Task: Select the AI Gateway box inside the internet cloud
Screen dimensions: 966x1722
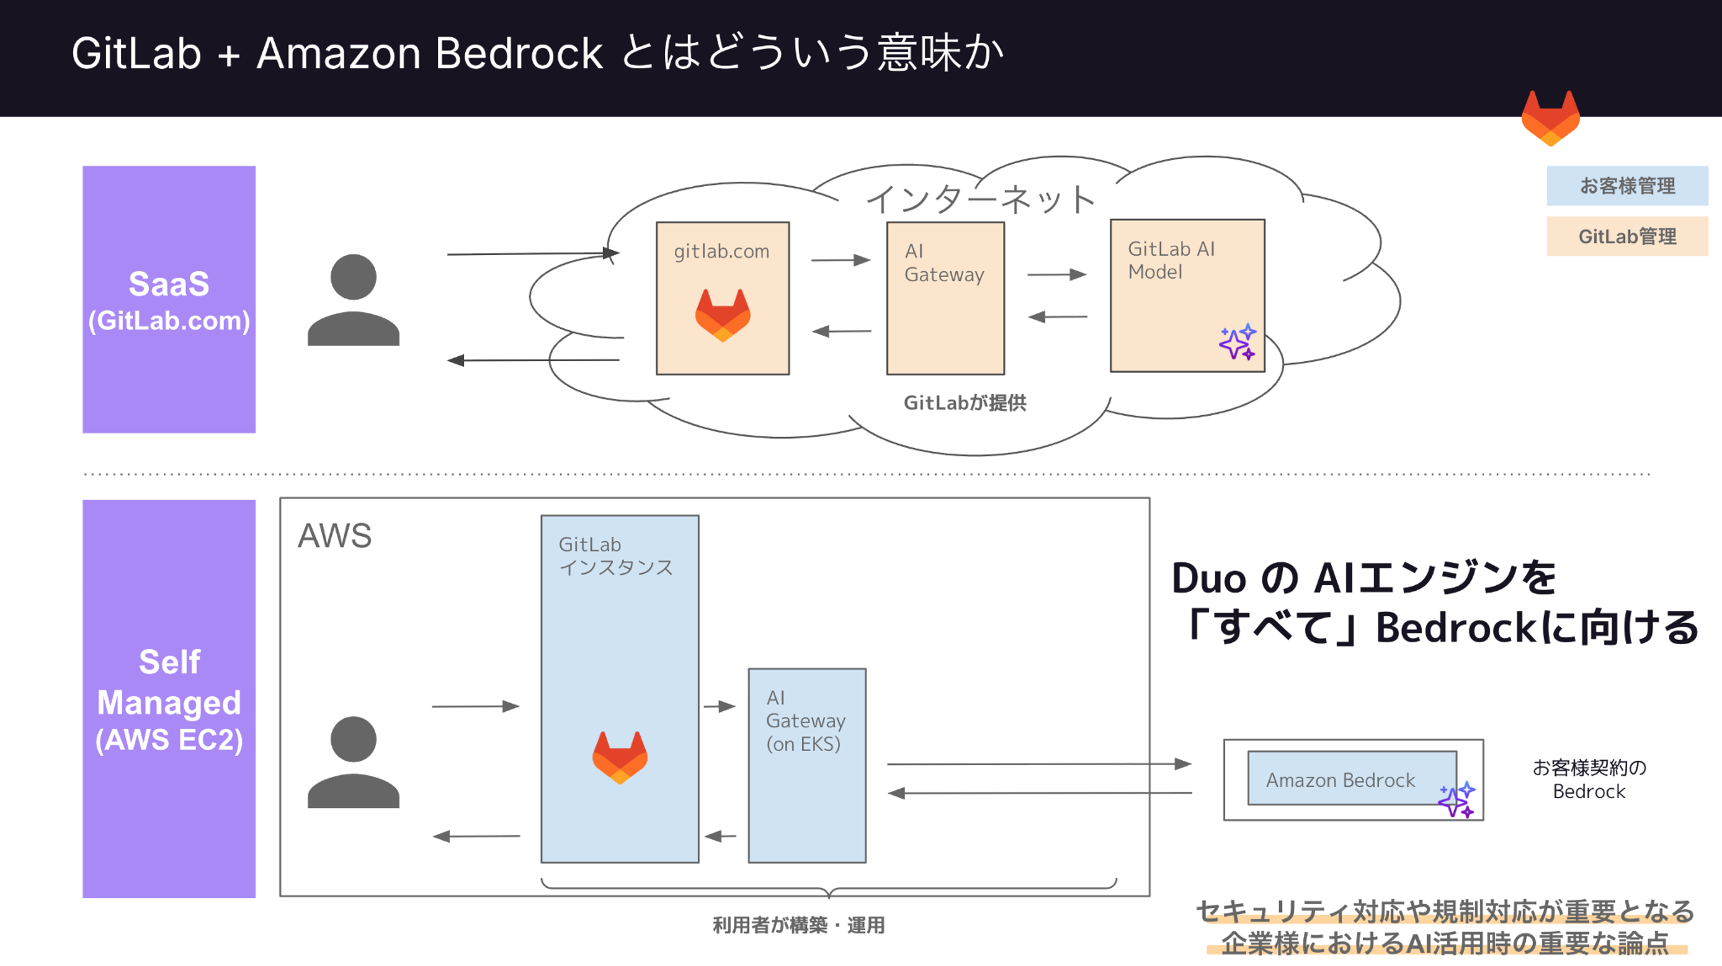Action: click(945, 298)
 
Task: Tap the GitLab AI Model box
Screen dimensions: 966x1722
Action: click(1187, 295)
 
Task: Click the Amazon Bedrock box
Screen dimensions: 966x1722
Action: click(1351, 778)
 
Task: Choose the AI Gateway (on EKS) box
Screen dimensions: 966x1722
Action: click(807, 765)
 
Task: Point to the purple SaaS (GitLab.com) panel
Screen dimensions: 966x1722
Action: click(169, 299)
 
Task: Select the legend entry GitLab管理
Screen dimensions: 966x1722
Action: click(1627, 236)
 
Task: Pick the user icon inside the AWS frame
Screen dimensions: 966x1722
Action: click(353, 762)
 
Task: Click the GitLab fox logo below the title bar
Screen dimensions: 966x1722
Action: click(1550, 118)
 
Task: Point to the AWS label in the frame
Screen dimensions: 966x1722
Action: click(334, 535)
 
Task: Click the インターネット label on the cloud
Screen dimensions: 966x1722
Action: click(980, 199)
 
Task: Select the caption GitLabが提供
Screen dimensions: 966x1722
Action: click(965, 403)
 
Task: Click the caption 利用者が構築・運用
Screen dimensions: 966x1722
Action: click(799, 925)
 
